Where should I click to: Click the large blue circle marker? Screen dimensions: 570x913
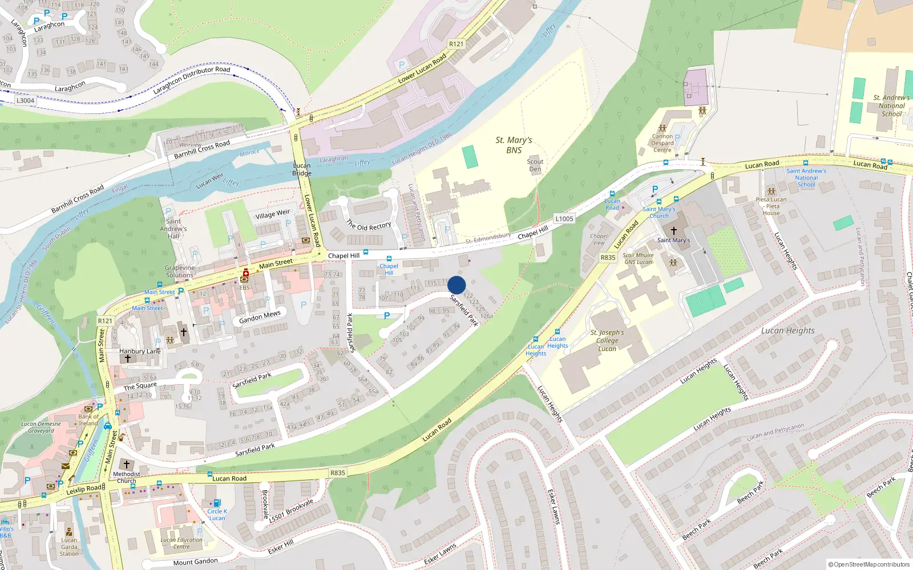click(x=457, y=285)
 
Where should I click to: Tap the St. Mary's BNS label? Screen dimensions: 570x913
click(x=514, y=145)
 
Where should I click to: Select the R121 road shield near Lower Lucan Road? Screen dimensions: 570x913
click(x=456, y=44)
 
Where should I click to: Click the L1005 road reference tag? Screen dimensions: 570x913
click(x=564, y=219)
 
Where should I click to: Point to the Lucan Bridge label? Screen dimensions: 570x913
click(x=302, y=169)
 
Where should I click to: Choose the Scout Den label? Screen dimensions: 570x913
click(x=535, y=165)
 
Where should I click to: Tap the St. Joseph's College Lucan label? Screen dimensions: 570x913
click(x=607, y=340)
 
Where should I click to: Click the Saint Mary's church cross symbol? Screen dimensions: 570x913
click(x=673, y=231)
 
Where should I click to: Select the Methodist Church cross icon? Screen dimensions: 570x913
click(x=127, y=465)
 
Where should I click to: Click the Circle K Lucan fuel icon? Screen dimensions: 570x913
click(x=217, y=503)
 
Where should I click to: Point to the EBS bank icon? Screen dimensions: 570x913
click(x=245, y=279)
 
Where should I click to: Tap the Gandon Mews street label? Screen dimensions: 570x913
click(x=260, y=316)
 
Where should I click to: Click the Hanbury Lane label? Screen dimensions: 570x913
click(x=140, y=351)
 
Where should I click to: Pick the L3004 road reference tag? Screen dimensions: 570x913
click(x=25, y=100)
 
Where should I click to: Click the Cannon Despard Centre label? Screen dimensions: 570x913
click(x=662, y=143)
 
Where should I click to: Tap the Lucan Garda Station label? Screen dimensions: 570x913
click(x=69, y=547)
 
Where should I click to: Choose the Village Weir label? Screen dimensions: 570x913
click(x=272, y=214)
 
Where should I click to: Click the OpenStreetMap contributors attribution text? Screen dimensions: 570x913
click(x=869, y=564)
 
